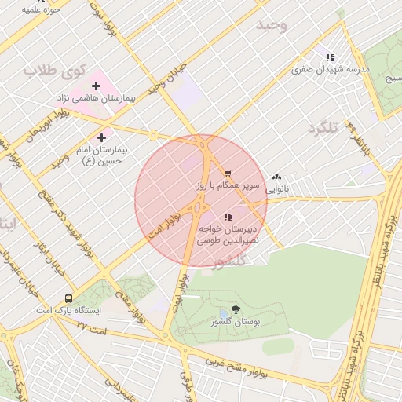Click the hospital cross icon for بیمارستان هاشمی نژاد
pyautogui.click(x=96, y=85)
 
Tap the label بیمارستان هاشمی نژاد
pyautogui.click(x=96, y=99)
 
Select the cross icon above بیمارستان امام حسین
pyautogui.click(x=101, y=137)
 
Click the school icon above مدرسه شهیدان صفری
pyautogui.click(x=330, y=57)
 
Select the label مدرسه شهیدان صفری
pyautogui.click(x=331, y=70)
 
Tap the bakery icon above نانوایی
pyautogui.click(x=276, y=177)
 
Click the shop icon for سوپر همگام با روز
pyautogui.click(x=228, y=174)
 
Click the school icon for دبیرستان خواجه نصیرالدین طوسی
pyautogui.click(x=228, y=217)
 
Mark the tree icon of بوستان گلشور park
pyautogui.click(x=236, y=310)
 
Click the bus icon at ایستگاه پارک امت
pyautogui.click(x=68, y=298)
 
